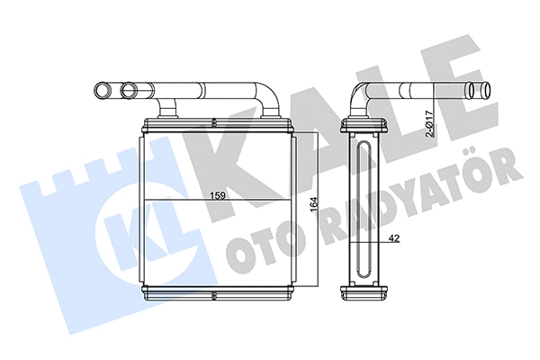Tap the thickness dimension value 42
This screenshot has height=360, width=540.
coord(394,238)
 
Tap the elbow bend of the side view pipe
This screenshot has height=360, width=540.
coord(360,94)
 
